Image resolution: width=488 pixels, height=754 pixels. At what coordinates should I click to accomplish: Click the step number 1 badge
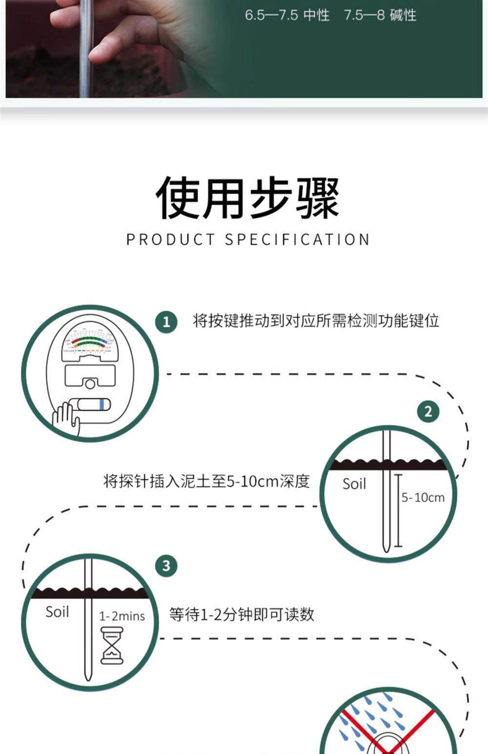[166, 322]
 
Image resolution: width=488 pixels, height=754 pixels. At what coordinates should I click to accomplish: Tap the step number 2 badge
[428, 411]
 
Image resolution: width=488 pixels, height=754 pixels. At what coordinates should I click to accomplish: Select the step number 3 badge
[166, 566]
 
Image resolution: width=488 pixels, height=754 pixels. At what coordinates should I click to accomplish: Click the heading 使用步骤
[247, 198]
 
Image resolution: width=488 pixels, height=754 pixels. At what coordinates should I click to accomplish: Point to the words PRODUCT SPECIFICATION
[247, 239]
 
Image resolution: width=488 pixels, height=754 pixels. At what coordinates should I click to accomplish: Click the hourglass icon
[112, 646]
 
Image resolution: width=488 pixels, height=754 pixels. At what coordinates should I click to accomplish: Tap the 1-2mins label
[122, 616]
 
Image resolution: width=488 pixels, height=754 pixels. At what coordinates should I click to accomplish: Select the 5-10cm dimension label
[423, 497]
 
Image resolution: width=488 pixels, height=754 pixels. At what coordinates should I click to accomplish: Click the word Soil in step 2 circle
[354, 484]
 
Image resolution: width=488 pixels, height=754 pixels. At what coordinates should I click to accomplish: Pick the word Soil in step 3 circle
[57, 612]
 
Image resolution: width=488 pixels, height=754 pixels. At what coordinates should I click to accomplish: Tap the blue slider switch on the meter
[101, 404]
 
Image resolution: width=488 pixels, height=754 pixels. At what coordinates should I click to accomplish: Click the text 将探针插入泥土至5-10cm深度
[206, 481]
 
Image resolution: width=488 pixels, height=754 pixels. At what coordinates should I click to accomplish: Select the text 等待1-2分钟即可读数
[242, 614]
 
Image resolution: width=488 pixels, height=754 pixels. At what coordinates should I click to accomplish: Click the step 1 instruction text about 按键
[316, 321]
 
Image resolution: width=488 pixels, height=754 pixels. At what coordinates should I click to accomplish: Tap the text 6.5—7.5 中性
[287, 15]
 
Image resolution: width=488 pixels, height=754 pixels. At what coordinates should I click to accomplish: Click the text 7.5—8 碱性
[380, 15]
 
